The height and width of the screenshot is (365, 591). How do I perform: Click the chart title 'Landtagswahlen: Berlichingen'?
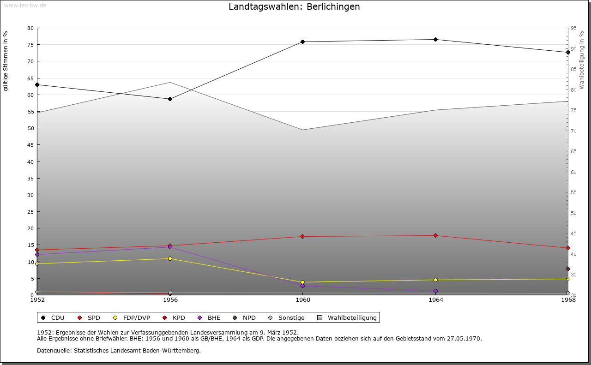click(294, 7)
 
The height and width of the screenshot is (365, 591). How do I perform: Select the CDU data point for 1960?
click(302, 42)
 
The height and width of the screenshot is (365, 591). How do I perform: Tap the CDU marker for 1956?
click(170, 99)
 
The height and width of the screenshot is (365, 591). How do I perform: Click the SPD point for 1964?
click(435, 236)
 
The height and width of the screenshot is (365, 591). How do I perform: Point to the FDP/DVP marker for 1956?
click(170, 258)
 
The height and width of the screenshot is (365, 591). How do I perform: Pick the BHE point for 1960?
click(302, 286)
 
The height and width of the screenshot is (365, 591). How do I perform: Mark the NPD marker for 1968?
click(568, 269)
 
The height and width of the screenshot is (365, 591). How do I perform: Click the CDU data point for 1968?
click(568, 52)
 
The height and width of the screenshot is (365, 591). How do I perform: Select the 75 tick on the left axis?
click(30, 45)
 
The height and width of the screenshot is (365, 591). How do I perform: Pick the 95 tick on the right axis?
click(573, 28)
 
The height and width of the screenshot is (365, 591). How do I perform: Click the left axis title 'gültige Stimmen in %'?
click(6, 61)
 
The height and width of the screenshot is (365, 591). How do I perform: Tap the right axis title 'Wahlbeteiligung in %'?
click(582, 60)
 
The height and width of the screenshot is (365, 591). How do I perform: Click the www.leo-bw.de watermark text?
click(24, 5)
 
